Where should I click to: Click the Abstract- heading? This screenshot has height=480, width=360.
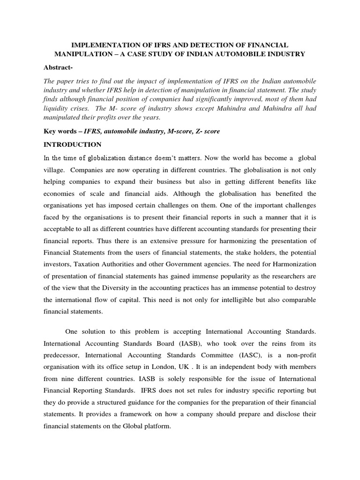[59, 67]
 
